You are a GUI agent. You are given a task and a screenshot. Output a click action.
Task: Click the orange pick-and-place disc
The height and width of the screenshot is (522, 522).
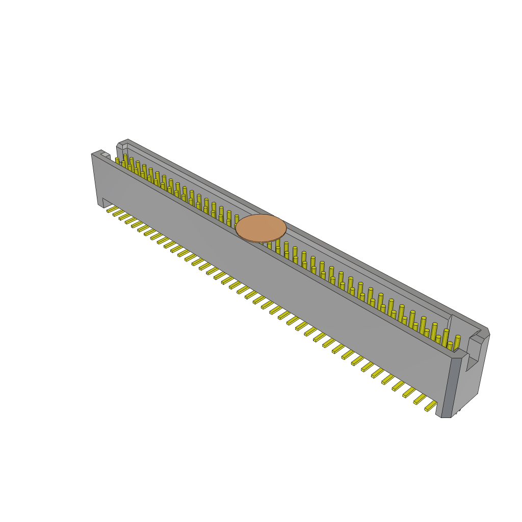pyautogui.click(x=261, y=228)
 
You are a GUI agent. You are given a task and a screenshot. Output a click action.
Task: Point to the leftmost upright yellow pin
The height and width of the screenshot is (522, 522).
pyautogui.click(x=117, y=161)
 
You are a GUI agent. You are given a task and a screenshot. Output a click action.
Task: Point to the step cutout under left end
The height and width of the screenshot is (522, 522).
pyautogui.click(x=101, y=202)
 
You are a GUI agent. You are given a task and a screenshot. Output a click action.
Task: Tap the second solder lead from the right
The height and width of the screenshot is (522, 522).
pyautogui.click(x=420, y=398)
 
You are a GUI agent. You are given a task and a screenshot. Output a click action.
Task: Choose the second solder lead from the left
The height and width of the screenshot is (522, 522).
pyautogui.click(x=118, y=213)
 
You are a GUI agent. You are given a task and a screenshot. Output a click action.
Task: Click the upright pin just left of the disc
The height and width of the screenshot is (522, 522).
pyautogui.click(x=237, y=220)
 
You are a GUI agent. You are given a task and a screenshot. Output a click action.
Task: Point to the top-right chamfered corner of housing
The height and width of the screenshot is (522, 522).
pyautogui.click(x=487, y=331)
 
